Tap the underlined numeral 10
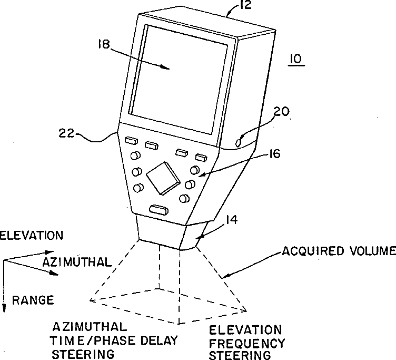296,59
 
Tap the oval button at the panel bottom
159,210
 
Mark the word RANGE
33,300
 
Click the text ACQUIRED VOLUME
338,250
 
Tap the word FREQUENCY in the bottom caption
247,343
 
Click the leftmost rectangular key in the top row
131,141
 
